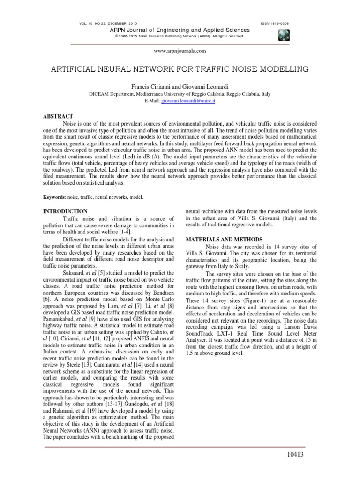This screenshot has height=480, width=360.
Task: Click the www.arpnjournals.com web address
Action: coord(180,51)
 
